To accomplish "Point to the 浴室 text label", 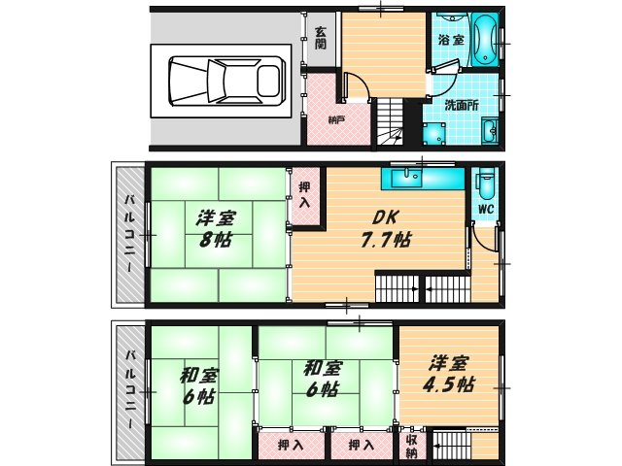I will (449, 41).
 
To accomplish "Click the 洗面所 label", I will (461, 105).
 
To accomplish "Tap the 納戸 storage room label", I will (336, 119).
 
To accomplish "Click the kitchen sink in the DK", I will (401, 179).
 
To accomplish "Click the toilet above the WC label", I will (486, 184).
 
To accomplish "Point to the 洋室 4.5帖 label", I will (449, 374).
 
